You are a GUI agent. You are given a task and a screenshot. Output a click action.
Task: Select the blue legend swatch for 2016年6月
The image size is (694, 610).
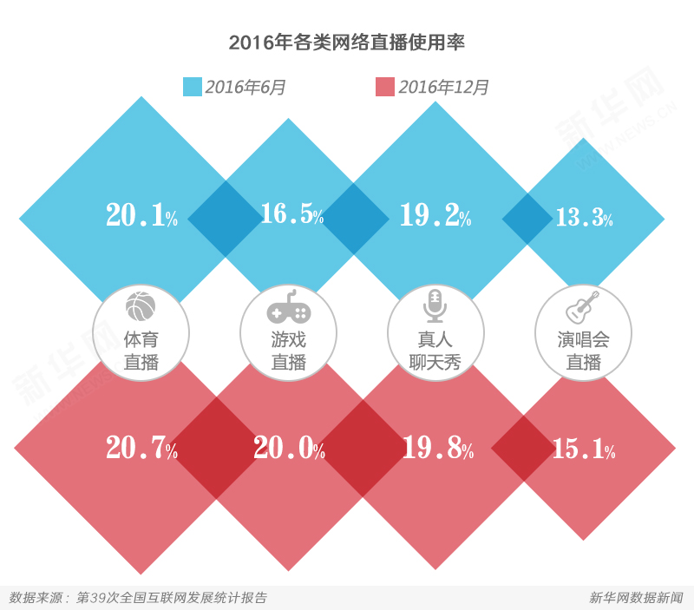[x=193, y=87]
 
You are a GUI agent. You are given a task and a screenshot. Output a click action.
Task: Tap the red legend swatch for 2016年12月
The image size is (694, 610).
[x=385, y=87]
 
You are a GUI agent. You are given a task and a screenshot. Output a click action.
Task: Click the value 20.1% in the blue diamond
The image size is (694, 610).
[x=141, y=215]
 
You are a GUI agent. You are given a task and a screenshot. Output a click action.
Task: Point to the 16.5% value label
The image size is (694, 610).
[x=291, y=214]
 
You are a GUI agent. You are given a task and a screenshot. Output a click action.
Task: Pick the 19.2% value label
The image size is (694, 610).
[x=435, y=215]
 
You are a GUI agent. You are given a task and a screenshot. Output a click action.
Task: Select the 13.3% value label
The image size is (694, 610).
[x=584, y=217]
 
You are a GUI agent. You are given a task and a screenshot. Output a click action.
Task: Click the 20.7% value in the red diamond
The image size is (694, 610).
[x=141, y=448]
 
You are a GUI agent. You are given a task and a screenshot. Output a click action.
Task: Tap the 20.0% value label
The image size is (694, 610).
[x=289, y=448]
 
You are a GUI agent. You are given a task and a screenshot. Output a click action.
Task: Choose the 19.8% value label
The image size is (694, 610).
[x=437, y=448]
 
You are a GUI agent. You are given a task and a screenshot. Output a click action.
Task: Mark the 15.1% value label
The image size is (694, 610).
[x=583, y=449]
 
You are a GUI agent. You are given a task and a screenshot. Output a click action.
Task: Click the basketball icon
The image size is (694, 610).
[x=141, y=306]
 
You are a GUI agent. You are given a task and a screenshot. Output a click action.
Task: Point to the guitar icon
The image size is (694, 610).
[x=583, y=306]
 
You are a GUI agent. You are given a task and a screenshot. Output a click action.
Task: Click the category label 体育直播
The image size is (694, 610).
[x=141, y=351]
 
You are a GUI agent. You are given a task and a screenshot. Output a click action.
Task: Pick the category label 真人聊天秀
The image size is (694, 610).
[x=435, y=351]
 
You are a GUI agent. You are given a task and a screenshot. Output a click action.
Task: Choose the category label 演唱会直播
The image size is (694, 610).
[x=583, y=351]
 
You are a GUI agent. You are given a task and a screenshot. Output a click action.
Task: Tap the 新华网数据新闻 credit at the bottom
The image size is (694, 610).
[x=636, y=598]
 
